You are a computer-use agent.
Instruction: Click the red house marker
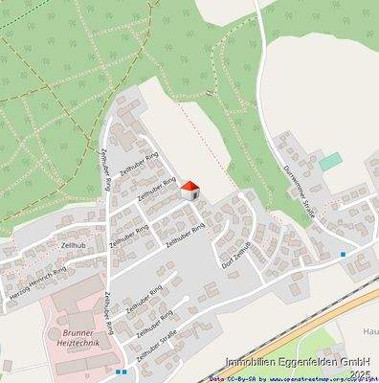point(189,190)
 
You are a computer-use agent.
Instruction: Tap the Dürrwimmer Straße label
point(297,191)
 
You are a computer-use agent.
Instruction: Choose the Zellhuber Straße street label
point(158,343)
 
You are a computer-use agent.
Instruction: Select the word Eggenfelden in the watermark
point(305,362)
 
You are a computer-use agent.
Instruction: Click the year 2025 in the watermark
point(360,372)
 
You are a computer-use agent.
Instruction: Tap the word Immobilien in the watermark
point(250,362)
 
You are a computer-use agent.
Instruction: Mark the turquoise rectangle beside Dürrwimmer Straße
point(330,162)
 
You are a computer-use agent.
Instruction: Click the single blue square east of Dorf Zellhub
point(343,254)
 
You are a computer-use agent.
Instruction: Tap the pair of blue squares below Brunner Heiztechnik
point(121,371)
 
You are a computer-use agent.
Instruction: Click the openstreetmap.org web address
point(306,378)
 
